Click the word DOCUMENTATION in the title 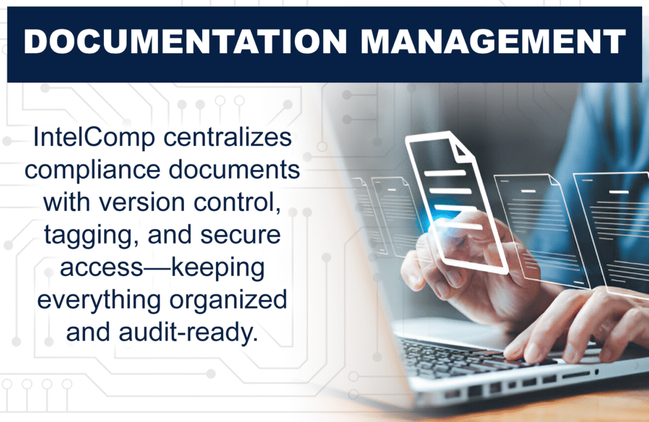(x=185, y=41)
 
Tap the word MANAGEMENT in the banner (x=493, y=41)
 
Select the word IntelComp (x=94, y=138)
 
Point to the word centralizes (x=228, y=137)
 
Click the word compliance (x=93, y=170)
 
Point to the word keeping (x=218, y=268)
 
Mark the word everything (x=99, y=301)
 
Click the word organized (x=228, y=301)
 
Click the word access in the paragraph (x=102, y=268)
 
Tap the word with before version (x=67, y=202)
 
